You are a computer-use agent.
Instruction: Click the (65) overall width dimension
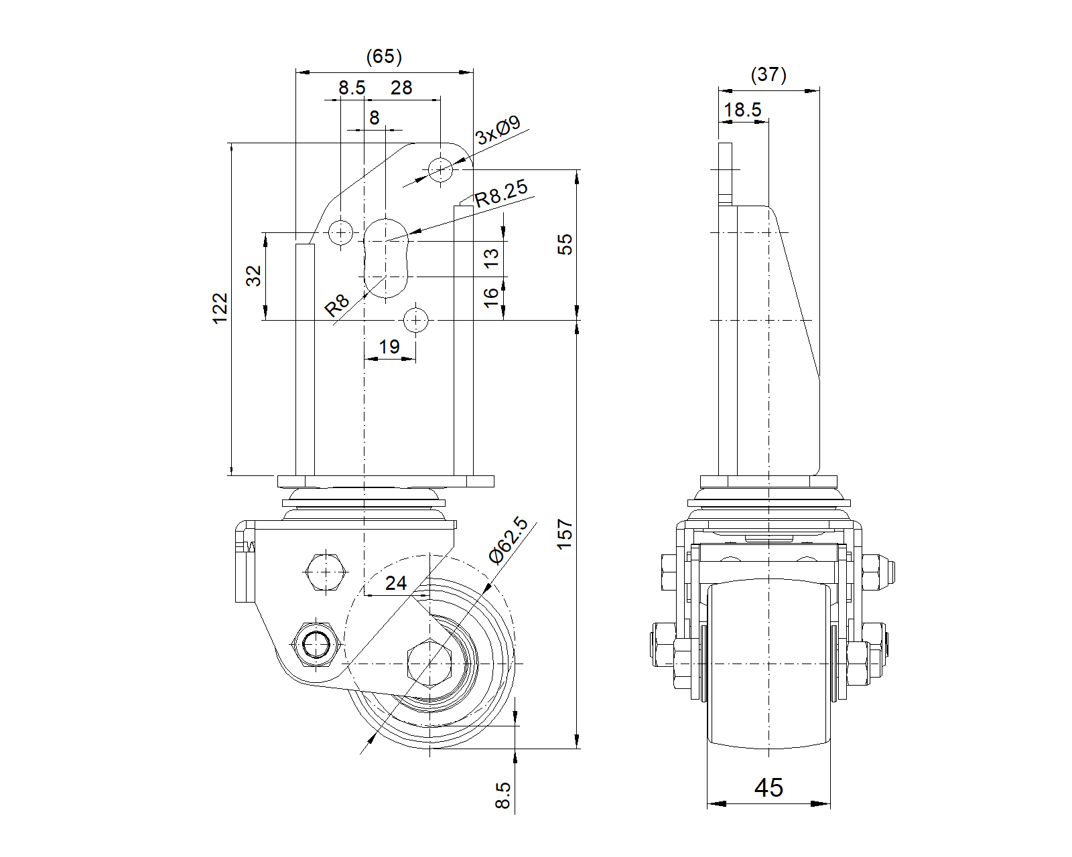[x=384, y=57]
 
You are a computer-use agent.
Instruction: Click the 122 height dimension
[x=220, y=308]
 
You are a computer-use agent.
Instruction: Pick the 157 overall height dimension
[x=565, y=534]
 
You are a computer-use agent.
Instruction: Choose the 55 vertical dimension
[x=565, y=244]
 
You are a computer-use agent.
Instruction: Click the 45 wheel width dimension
[x=768, y=787]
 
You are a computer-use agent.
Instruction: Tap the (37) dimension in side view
[x=768, y=74]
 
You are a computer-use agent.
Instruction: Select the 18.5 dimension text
[x=743, y=110]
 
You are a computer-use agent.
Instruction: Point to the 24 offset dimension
[x=395, y=583]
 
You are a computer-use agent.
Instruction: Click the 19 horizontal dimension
[x=389, y=347]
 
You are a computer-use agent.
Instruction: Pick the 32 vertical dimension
[x=254, y=276]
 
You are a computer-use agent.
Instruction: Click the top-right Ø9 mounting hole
[x=440, y=169]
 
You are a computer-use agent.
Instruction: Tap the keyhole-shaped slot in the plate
[x=386, y=257]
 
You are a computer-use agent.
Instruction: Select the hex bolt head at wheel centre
[x=429, y=663]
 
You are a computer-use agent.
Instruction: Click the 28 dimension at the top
[x=401, y=88]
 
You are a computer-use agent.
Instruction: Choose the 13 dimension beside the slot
[x=492, y=258]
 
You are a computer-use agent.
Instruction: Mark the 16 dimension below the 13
[x=492, y=297]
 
